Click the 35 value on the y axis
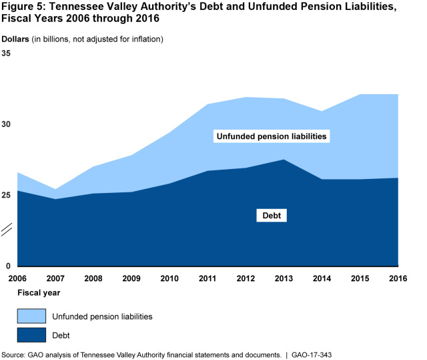coord(7,53)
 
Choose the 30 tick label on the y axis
coord(7,124)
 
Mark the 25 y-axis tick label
coord(7,195)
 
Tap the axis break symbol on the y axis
coord(7,230)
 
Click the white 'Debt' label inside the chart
coord(272,216)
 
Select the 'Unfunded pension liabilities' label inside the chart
coord(272,136)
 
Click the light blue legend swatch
coord(31,316)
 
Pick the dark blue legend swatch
coord(31,335)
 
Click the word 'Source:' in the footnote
coord(13,355)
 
